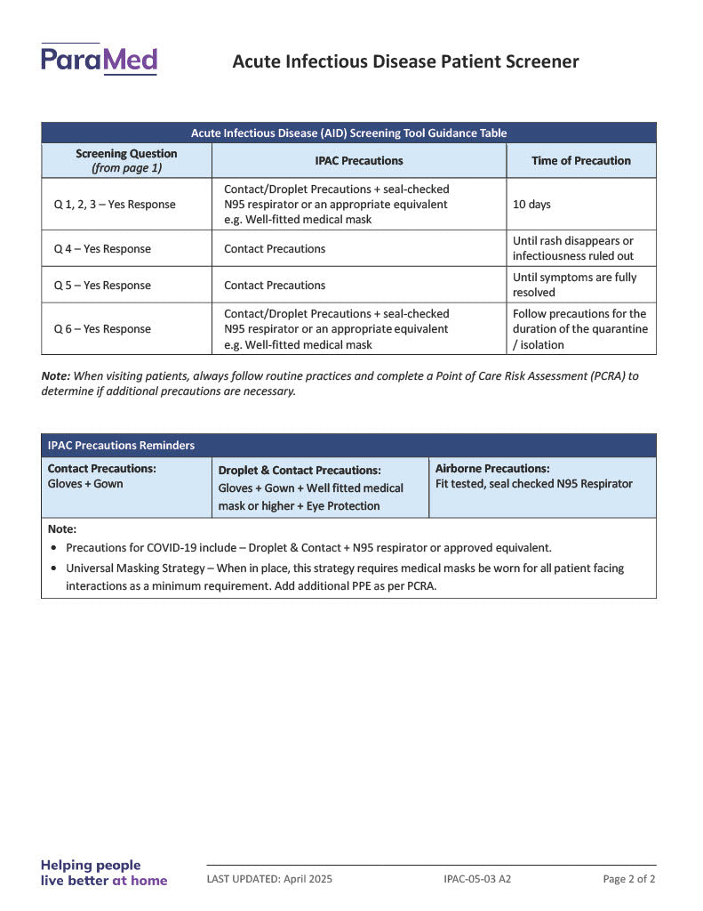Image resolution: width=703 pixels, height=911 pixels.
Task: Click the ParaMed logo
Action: click(x=99, y=60)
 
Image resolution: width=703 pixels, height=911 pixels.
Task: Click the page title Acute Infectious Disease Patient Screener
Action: click(x=405, y=61)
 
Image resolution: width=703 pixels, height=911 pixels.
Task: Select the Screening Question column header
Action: click(x=126, y=160)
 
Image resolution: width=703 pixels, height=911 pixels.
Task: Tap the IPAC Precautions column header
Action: click(x=358, y=161)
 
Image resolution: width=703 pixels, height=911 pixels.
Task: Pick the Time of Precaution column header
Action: click(x=580, y=161)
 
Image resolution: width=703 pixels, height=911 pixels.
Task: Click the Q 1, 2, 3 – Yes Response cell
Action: click(x=115, y=205)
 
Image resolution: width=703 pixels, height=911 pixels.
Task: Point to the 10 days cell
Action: click(x=531, y=205)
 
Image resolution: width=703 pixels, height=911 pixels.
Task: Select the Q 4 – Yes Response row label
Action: click(x=102, y=249)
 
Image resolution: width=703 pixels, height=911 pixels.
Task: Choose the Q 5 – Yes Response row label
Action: click(x=102, y=286)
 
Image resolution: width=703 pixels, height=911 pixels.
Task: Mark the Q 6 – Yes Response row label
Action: click(x=102, y=329)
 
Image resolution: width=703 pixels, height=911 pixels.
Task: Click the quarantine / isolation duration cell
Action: click(x=579, y=329)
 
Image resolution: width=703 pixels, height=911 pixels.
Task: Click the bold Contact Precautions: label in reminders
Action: click(x=101, y=469)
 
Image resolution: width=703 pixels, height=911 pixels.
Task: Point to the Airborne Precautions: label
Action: click(x=492, y=469)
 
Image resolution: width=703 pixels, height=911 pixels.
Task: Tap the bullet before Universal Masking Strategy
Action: click(x=55, y=568)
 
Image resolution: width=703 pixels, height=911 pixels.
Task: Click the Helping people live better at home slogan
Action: click(x=103, y=873)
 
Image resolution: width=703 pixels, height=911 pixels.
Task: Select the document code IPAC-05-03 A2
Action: click(x=477, y=879)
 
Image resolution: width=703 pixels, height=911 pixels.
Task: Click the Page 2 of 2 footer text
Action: click(x=628, y=879)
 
